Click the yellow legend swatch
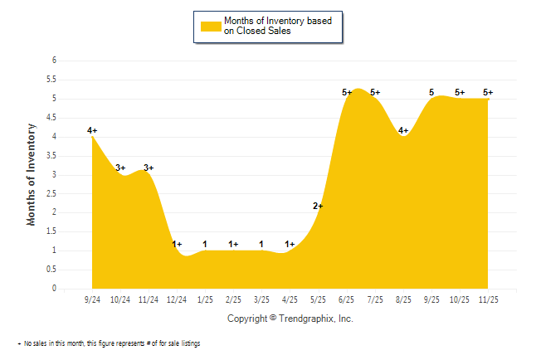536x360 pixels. coord(211,26)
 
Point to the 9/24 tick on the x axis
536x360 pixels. coord(92,299)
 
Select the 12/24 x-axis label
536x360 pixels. coord(177,299)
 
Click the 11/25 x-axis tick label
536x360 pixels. coord(488,299)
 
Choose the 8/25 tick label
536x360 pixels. coord(403,299)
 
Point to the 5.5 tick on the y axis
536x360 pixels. coord(51,80)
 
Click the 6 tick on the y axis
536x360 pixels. coord(54,61)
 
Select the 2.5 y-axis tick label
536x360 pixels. coord(51,193)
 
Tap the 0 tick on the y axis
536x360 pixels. coord(54,289)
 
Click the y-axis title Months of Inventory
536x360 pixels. coord(32,174)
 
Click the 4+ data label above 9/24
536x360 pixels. coord(92,130)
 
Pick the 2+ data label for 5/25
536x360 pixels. coord(318,206)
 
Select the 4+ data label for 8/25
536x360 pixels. coord(403,130)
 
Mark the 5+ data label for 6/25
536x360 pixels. coord(347,92)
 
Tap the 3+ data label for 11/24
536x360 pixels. coord(149,168)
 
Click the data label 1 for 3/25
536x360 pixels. coord(261,244)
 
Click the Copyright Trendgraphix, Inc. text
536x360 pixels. coord(290,318)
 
